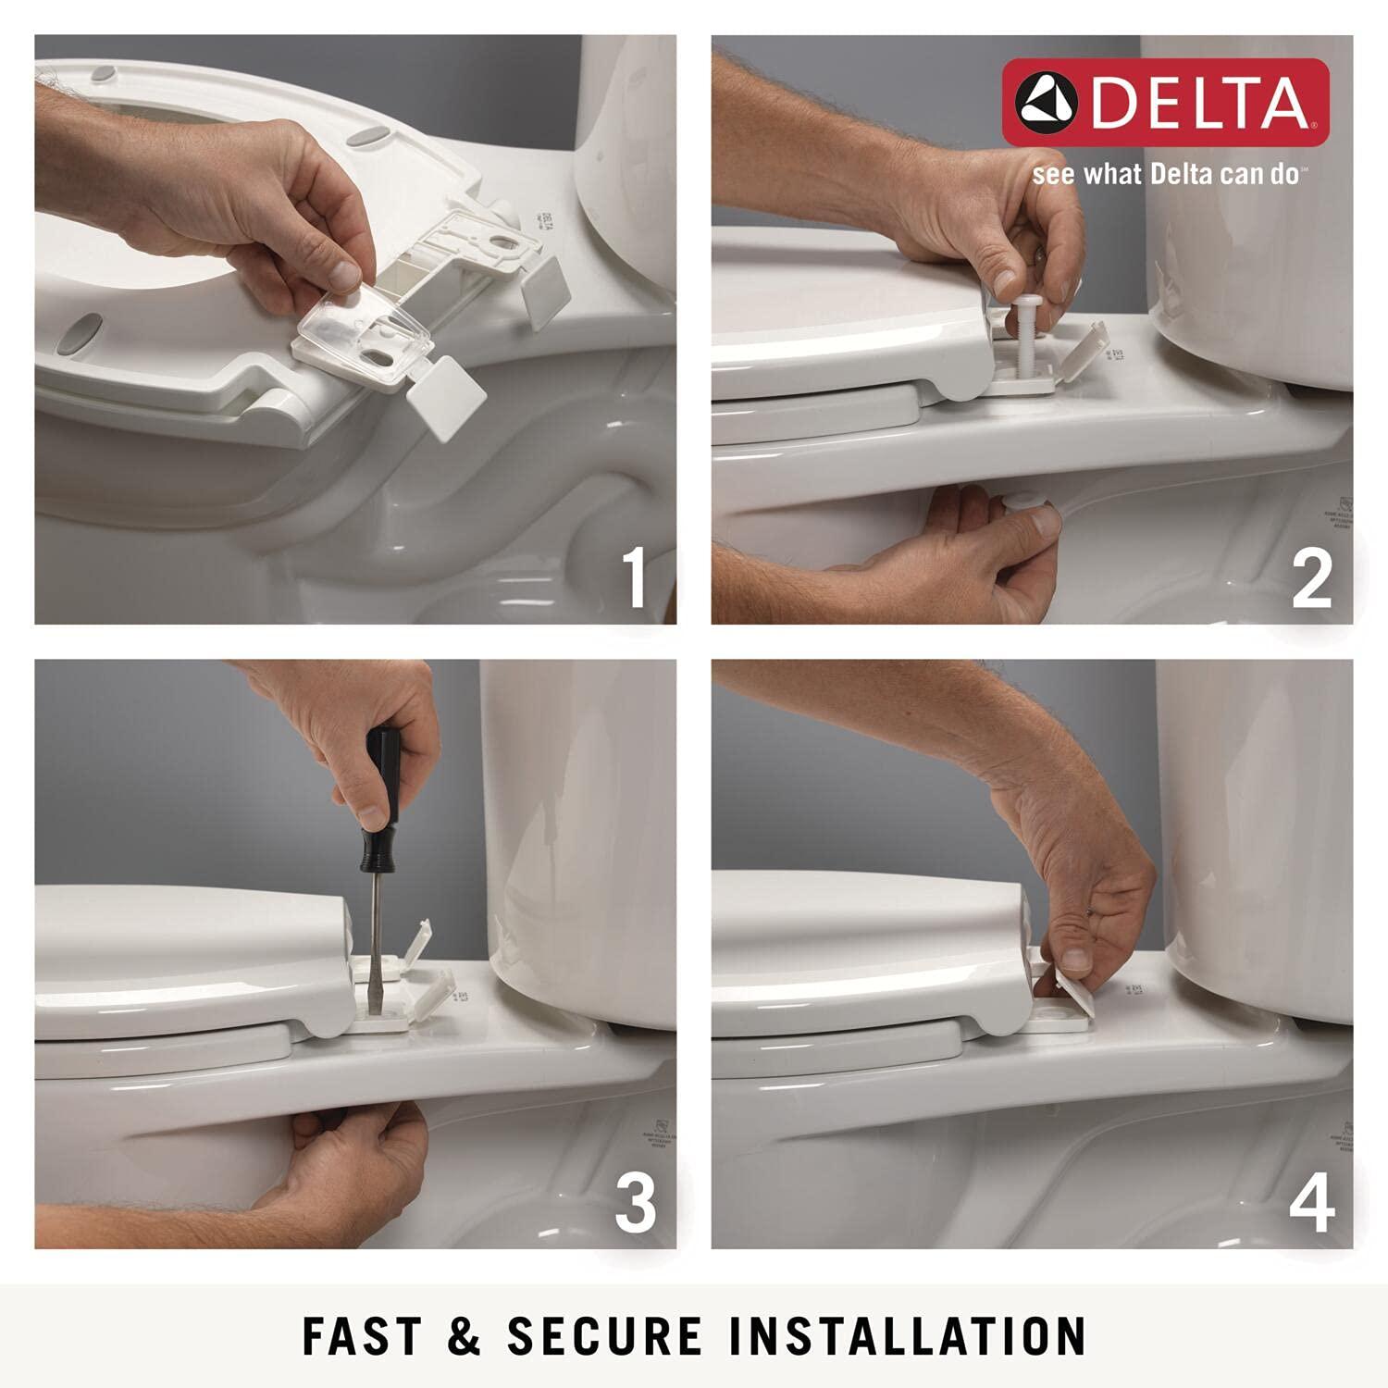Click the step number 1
click(634, 577)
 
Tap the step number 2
click(1312, 577)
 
